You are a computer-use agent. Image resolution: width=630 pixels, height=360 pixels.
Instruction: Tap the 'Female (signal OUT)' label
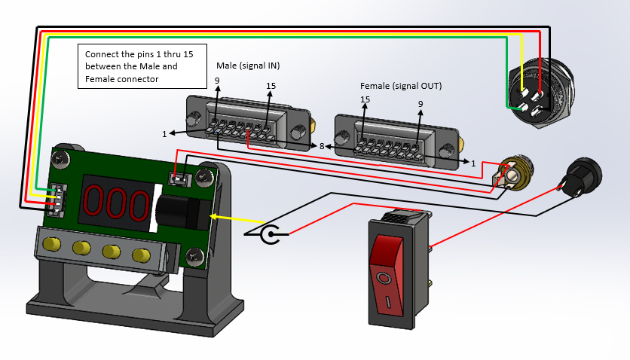[x=401, y=86]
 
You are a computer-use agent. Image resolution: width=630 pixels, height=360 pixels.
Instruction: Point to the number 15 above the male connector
[x=271, y=86]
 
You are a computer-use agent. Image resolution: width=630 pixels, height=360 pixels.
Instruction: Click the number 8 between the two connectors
[x=322, y=145]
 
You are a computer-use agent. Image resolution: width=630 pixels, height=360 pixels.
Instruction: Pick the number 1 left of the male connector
[x=164, y=134]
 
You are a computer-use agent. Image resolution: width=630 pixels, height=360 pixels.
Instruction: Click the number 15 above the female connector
[x=365, y=99]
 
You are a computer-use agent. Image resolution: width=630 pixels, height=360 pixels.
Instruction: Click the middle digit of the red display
[x=115, y=203]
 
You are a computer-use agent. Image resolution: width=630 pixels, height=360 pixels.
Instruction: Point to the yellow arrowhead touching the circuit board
[x=214, y=216]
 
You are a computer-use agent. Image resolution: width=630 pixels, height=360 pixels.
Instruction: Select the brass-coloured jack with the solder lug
[x=514, y=172]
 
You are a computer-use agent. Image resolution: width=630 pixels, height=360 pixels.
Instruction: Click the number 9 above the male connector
[x=217, y=81]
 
